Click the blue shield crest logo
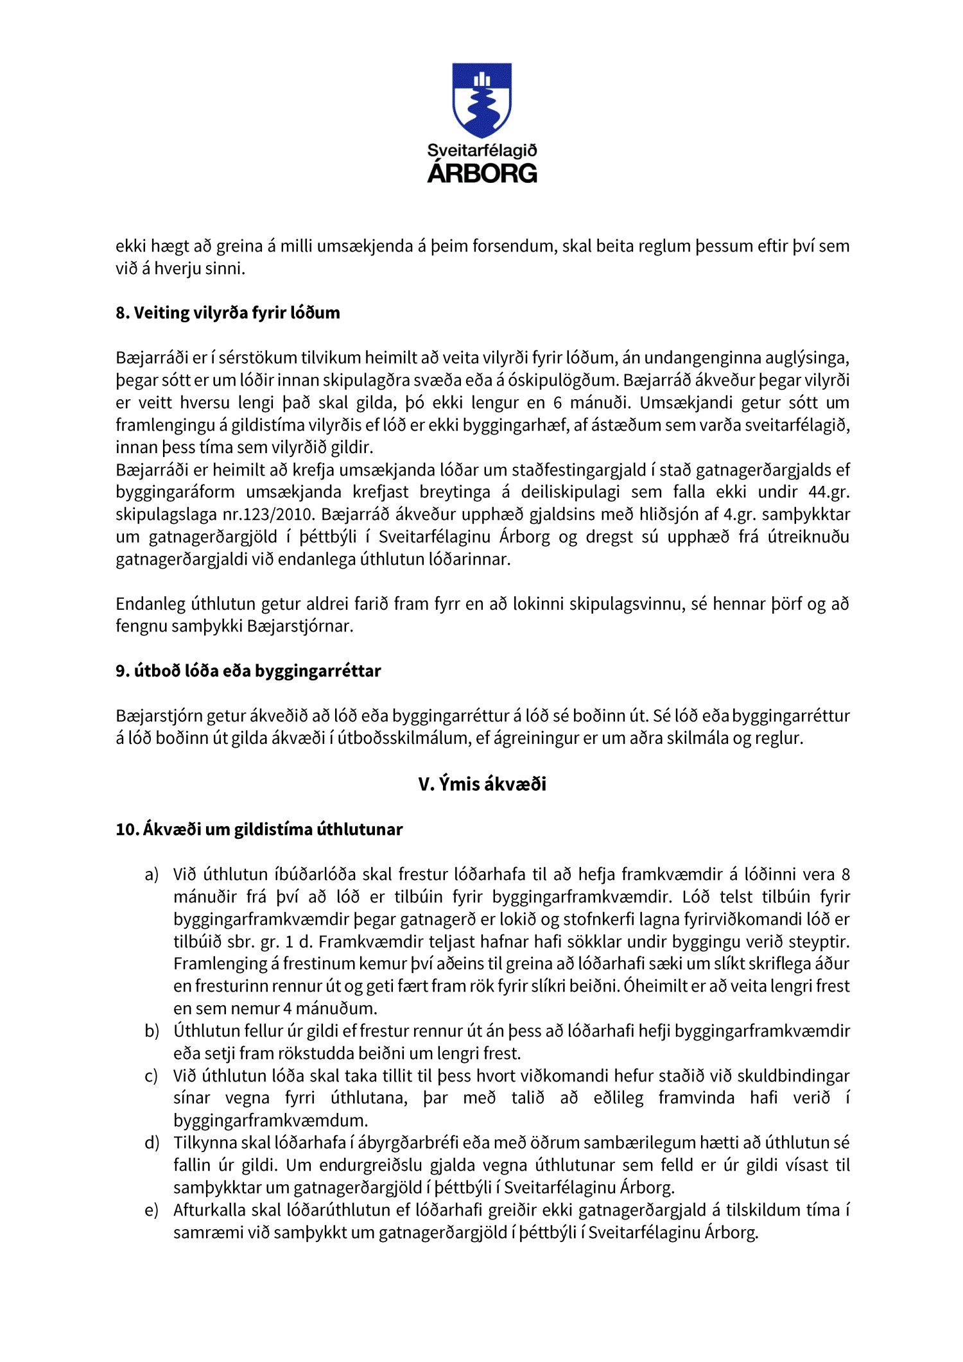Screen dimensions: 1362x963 [x=481, y=99]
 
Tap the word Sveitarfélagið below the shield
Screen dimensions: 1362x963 [x=481, y=151]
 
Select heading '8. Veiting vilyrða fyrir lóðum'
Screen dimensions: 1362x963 [x=228, y=313]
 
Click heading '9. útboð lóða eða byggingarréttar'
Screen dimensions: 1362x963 [x=248, y=671]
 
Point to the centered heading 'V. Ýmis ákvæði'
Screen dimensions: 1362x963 [x=481, y=784]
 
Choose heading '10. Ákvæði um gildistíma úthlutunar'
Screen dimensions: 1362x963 [x=259, y=829]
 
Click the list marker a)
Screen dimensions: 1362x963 [x=152, y=875]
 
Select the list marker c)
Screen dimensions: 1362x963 [x=152, y=1076]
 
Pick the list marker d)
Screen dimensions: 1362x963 [x=152, y=1143]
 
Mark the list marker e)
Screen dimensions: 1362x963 [x=152, y=1211]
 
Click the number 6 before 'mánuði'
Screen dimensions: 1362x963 [x=557, y=403]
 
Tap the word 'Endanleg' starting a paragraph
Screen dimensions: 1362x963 [x=148, y=604]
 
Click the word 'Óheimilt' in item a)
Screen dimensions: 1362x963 [x=655, y=987]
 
